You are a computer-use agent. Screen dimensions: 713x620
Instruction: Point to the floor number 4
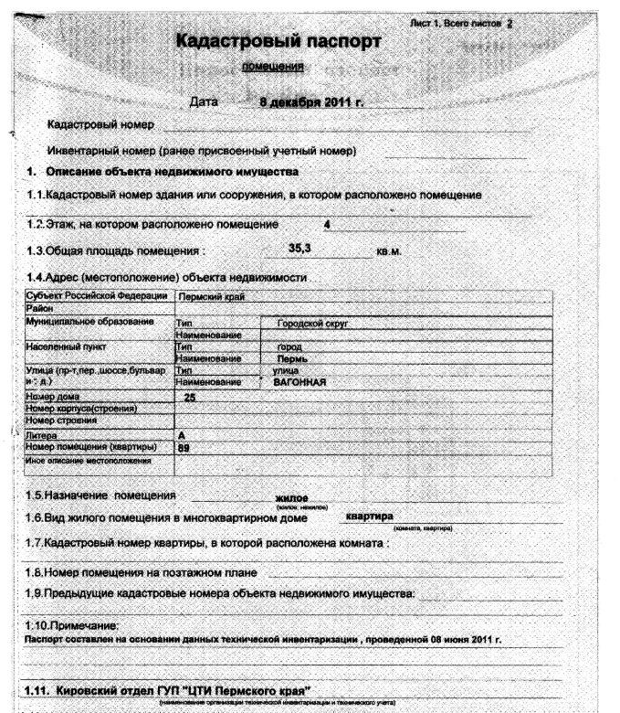326,222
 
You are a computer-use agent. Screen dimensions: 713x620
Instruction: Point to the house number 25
190,397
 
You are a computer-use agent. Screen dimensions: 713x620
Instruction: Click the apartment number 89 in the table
184,448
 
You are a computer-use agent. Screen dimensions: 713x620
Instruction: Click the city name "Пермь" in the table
289,359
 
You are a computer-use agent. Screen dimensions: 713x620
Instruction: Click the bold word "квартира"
368,516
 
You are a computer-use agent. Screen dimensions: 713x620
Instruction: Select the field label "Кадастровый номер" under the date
100,123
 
